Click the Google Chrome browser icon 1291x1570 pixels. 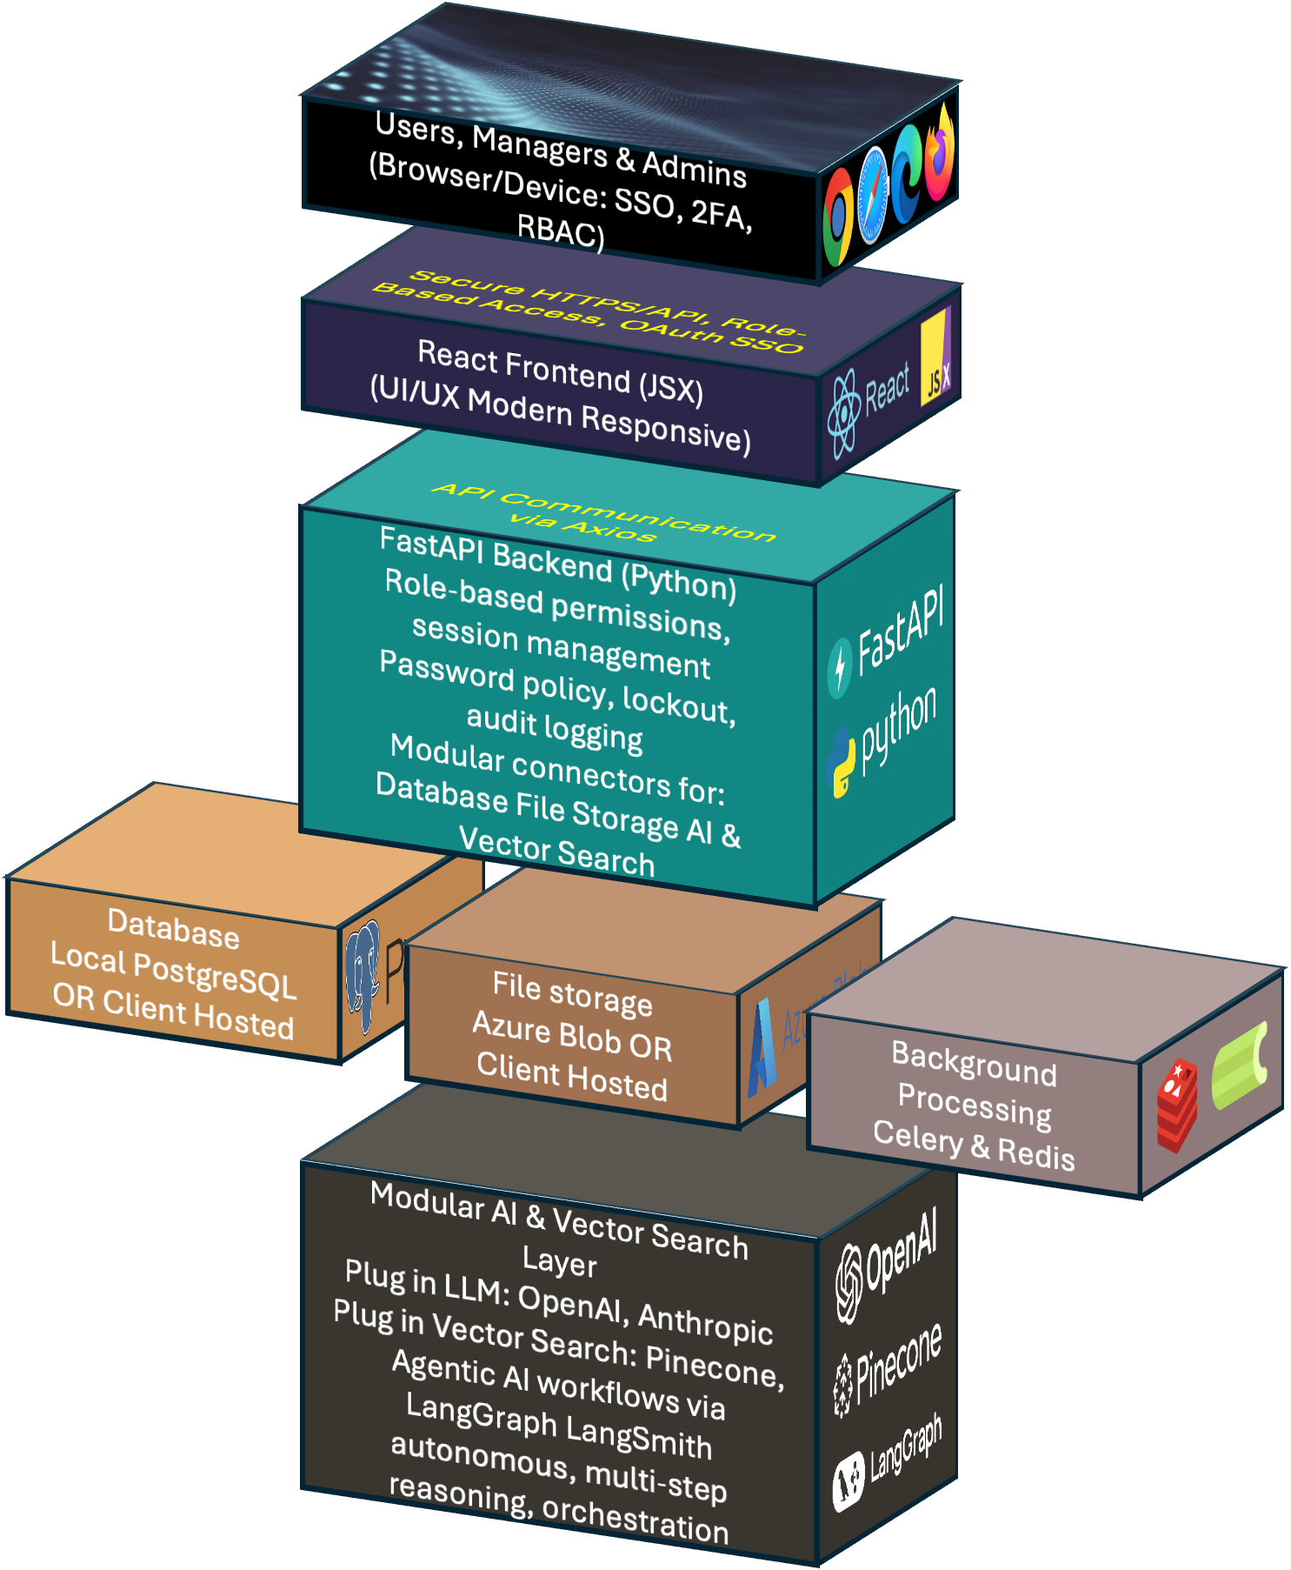point(839,217)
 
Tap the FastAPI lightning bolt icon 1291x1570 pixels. point(840,668)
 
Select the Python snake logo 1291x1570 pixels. point(841,763)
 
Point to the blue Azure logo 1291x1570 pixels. point(762,1049)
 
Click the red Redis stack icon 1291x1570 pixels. point(1177,1104)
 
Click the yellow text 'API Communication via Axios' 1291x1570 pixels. point(603,513)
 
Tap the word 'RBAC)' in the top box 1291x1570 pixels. point(561,230)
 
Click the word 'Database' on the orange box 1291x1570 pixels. point(173,928)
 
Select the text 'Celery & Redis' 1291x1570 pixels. point(974,1145)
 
